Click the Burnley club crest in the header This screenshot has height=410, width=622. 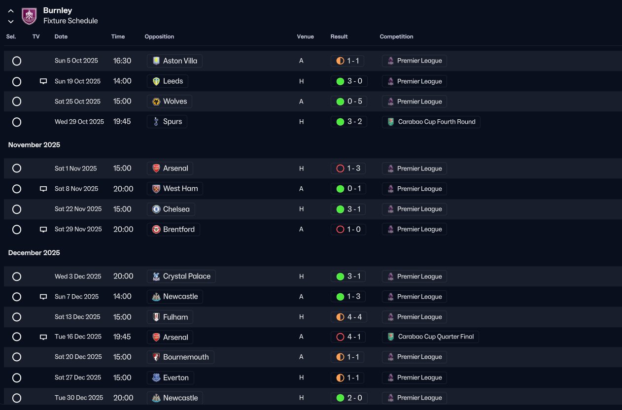pos(29,16)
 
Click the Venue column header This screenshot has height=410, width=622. pos(305,36)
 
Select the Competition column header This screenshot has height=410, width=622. pos(396,36)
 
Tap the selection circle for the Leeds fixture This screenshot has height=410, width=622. pos(17,81)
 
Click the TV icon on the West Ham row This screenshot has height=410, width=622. pos(43,189)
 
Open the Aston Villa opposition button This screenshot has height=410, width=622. pos(174,61)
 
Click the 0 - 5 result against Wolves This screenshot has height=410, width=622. pos(349,102)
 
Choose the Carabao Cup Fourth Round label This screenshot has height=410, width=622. pos(431,122)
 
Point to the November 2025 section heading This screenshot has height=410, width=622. pos(34,145)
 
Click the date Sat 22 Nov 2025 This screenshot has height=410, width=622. pos(78,209)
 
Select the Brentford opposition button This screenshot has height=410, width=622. pos(173,229)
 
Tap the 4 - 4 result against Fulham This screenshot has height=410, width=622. pos(349,317)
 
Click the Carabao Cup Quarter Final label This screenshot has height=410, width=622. pos(430,337)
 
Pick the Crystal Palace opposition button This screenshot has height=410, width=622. pos(181,276)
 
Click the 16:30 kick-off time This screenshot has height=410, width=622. pos(122,61)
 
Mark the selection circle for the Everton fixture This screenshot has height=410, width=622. pos(17,378)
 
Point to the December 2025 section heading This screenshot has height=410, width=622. pos(34,253)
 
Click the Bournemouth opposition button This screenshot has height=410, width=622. pos(180,357)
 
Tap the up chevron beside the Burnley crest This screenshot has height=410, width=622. pos(11,11)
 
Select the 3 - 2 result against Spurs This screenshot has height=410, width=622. pos(349,122)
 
